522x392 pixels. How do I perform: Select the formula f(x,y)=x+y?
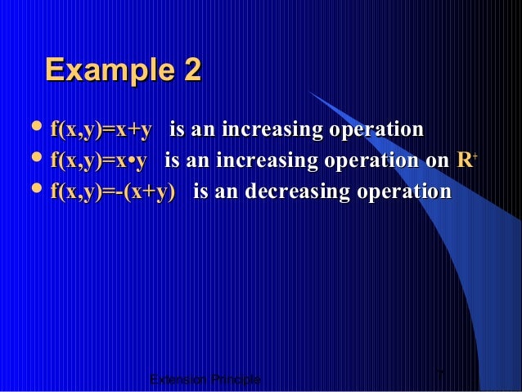click(101, 130)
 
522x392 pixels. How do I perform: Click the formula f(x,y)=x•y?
click(99, 160)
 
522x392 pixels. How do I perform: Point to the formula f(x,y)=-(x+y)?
click(113, 191)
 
